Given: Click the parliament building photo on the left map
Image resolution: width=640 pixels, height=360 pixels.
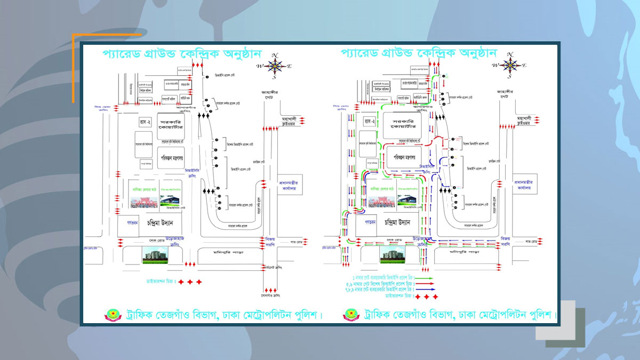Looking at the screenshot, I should pos(155,255).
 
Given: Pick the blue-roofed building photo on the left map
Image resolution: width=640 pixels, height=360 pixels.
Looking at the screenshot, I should pos(172,201).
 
